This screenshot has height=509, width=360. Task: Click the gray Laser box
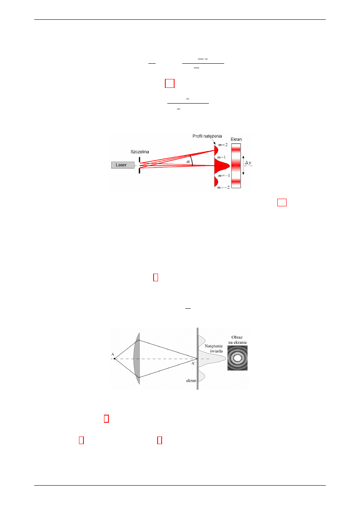(x=123, y=165)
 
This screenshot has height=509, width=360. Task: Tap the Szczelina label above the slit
(x=139, y=152)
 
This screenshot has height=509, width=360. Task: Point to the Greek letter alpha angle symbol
(x=188, y=162)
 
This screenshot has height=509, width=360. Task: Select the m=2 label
(x=223, y=145)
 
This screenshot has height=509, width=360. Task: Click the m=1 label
(x=221, y=157)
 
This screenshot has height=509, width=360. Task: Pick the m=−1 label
(x=224, y=175)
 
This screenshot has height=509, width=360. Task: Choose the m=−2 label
(x=223, y=187)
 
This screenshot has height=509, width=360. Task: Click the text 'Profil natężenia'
(x=207, y=136)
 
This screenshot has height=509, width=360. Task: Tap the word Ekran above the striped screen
(x=236, y=139)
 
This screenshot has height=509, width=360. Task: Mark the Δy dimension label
(x=248, y=163)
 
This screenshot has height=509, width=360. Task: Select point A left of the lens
(x=114, y=359)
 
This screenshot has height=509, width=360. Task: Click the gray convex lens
(x=137, y=359)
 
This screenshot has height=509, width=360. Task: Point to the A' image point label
(x=193, y=363)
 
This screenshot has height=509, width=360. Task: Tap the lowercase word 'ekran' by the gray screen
(x=191, y=380)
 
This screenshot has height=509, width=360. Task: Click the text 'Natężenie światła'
(x=214, y=348)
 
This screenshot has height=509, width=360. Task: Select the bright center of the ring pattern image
(x=237, y=358)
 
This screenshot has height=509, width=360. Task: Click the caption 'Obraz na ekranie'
(x=237, y=340)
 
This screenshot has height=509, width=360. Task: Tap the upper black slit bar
(x=139, y=160)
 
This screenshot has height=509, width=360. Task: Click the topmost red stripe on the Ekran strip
(x=236, y=149)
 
